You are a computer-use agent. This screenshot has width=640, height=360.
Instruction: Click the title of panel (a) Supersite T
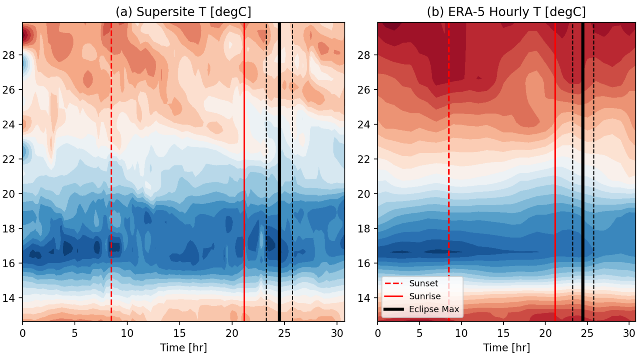click(183, 12)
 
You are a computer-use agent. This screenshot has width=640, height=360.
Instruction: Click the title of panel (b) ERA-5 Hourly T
click(506, 12)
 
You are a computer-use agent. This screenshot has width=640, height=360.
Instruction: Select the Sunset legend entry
click(423, 284)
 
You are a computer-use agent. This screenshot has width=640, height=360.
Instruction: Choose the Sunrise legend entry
click(425, 296)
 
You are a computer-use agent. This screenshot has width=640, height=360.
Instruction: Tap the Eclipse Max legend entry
click(434, 309)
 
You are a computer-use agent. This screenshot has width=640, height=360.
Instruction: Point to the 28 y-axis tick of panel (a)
click(9, 55)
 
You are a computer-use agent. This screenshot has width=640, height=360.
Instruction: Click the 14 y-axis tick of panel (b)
click(364, 298)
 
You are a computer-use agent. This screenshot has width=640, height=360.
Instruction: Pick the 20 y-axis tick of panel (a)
click(9, 194)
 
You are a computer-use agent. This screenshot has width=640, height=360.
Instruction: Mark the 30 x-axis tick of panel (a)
click(337, 333)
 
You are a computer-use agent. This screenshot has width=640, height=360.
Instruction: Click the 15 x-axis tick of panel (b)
click(503, 333)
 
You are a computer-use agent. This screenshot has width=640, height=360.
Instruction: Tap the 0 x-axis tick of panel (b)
click(378, 333)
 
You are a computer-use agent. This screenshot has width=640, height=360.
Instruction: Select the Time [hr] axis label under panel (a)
click(183, 348)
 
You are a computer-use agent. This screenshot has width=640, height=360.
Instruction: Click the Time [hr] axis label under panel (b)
click(506, 348)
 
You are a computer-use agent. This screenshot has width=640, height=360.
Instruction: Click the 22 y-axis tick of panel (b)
click(364, 159)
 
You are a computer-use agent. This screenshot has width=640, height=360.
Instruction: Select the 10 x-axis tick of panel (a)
click(127, 333)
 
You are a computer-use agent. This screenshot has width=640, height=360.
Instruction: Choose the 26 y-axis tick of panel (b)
click(364, 90)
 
